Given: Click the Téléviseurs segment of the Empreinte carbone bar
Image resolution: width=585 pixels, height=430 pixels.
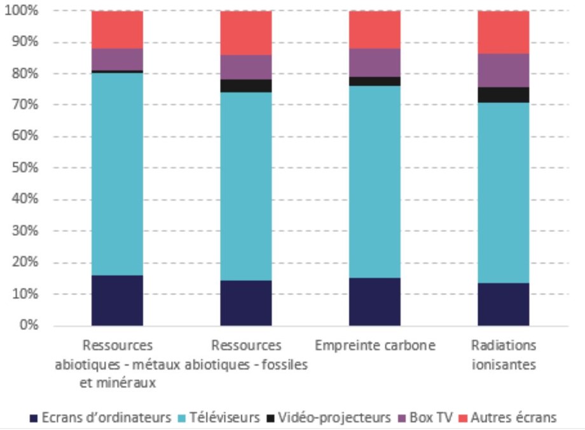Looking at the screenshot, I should click(x=375, y=182).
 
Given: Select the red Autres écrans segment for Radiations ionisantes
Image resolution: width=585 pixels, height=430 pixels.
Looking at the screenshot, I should click(x=504, y=32).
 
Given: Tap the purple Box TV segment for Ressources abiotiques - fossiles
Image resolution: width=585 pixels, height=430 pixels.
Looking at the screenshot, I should click(x=246, y=67).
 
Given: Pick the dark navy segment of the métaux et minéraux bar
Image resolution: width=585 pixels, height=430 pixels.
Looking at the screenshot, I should click(x=117, y=300).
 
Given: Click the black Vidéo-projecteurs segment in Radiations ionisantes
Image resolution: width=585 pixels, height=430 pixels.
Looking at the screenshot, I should click(x=504, y=94).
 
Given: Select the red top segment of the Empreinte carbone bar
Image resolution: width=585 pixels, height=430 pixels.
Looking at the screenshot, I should click(x=375, y=29).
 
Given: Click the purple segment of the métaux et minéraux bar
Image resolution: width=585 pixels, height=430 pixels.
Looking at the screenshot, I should click(x=117, y=59).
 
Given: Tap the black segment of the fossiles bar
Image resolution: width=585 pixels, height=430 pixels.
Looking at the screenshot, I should click(x=246, y=86).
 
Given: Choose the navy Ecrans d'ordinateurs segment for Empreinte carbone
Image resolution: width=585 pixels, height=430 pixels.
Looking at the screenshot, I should click(x=375, y=301).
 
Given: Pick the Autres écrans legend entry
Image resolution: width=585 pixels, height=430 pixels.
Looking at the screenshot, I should click(x=512, y=418).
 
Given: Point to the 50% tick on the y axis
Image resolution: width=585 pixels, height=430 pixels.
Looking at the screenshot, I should click(x=24, y=168).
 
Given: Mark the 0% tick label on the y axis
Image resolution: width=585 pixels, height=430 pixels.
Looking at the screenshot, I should click(x=27, y=326).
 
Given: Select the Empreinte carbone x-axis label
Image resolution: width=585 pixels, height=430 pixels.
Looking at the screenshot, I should click(x=375, y=346).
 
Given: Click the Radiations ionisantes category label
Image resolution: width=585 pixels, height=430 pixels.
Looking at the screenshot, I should click(x=504, y=355).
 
